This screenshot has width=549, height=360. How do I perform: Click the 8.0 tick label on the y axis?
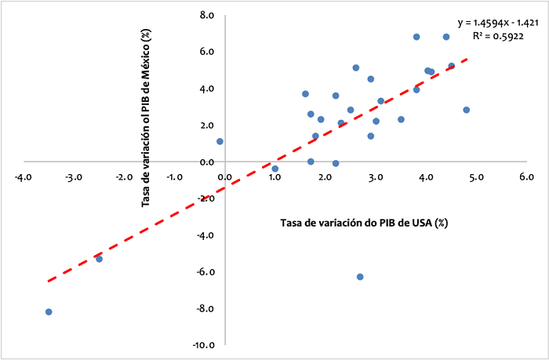(207, 15)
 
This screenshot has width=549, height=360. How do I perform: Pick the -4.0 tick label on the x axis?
(23, 176)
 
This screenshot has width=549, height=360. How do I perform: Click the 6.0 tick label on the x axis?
(526, 176)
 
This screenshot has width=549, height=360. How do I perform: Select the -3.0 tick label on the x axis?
(73, 176)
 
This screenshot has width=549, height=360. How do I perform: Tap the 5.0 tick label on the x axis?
(476, 176)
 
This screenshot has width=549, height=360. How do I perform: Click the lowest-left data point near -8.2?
(49, 312)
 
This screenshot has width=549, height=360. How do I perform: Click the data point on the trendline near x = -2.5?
(99, 259)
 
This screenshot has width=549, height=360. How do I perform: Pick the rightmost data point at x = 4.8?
(466, 110)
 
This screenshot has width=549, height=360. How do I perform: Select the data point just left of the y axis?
(220, 141)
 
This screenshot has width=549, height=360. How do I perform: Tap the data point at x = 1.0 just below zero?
(275, 169)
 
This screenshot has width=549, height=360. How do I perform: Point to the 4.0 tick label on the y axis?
(207, 89)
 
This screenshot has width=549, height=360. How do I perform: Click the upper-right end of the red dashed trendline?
(468, 57)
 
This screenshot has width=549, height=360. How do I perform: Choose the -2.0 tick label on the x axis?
(123, 176)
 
